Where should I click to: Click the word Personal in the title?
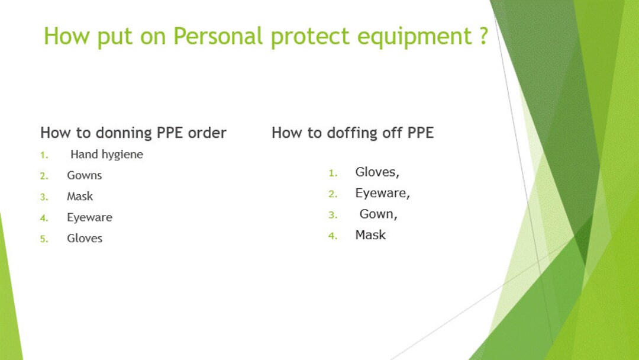pos(217,37)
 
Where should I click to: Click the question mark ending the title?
pos(483,37)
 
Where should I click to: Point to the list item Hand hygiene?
pos(106,155)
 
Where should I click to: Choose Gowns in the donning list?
pos(84,175)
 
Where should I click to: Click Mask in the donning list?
pos(79,197)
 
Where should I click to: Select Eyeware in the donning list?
pos(89,217)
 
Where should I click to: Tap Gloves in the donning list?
pos(84,239)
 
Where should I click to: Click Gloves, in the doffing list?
pos(377,172)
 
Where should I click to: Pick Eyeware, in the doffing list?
pos(382,193)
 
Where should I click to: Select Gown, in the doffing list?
pos(378,214)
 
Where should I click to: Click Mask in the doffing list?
pos(370,235)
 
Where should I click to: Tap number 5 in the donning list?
pos(43,239)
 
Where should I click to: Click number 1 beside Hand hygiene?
pos(43,155)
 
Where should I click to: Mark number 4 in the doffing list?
pos(333,236)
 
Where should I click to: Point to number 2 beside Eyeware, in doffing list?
pos(333,194)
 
